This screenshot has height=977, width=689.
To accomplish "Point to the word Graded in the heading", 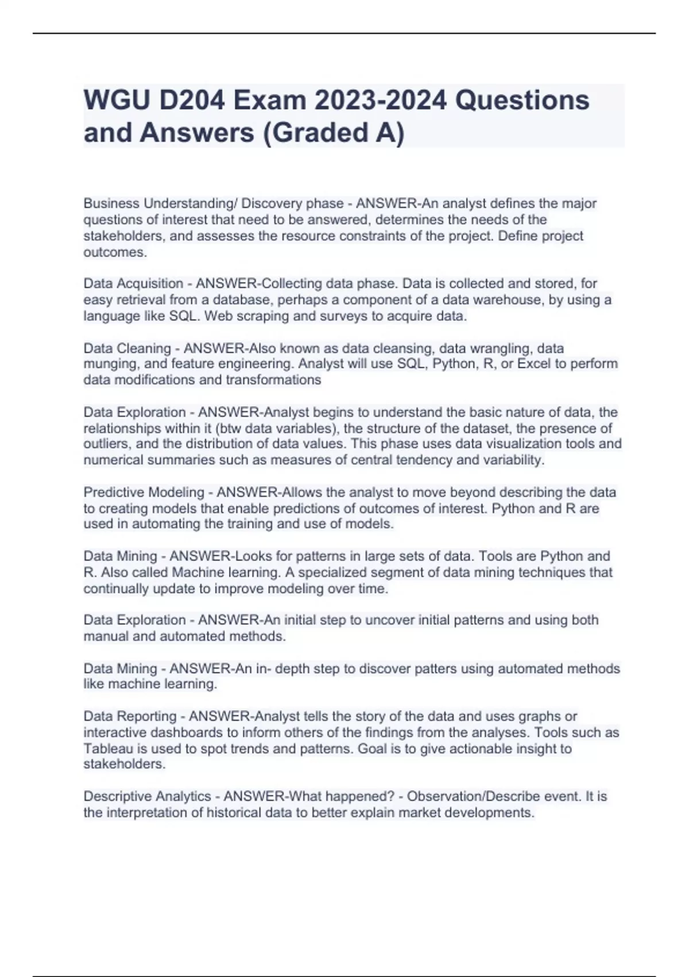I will pos(319,133).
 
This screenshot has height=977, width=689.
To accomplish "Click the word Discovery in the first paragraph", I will pos(269,203).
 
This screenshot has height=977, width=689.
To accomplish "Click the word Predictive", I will pos(113,493).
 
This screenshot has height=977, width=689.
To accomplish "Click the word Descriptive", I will pos(117,797).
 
